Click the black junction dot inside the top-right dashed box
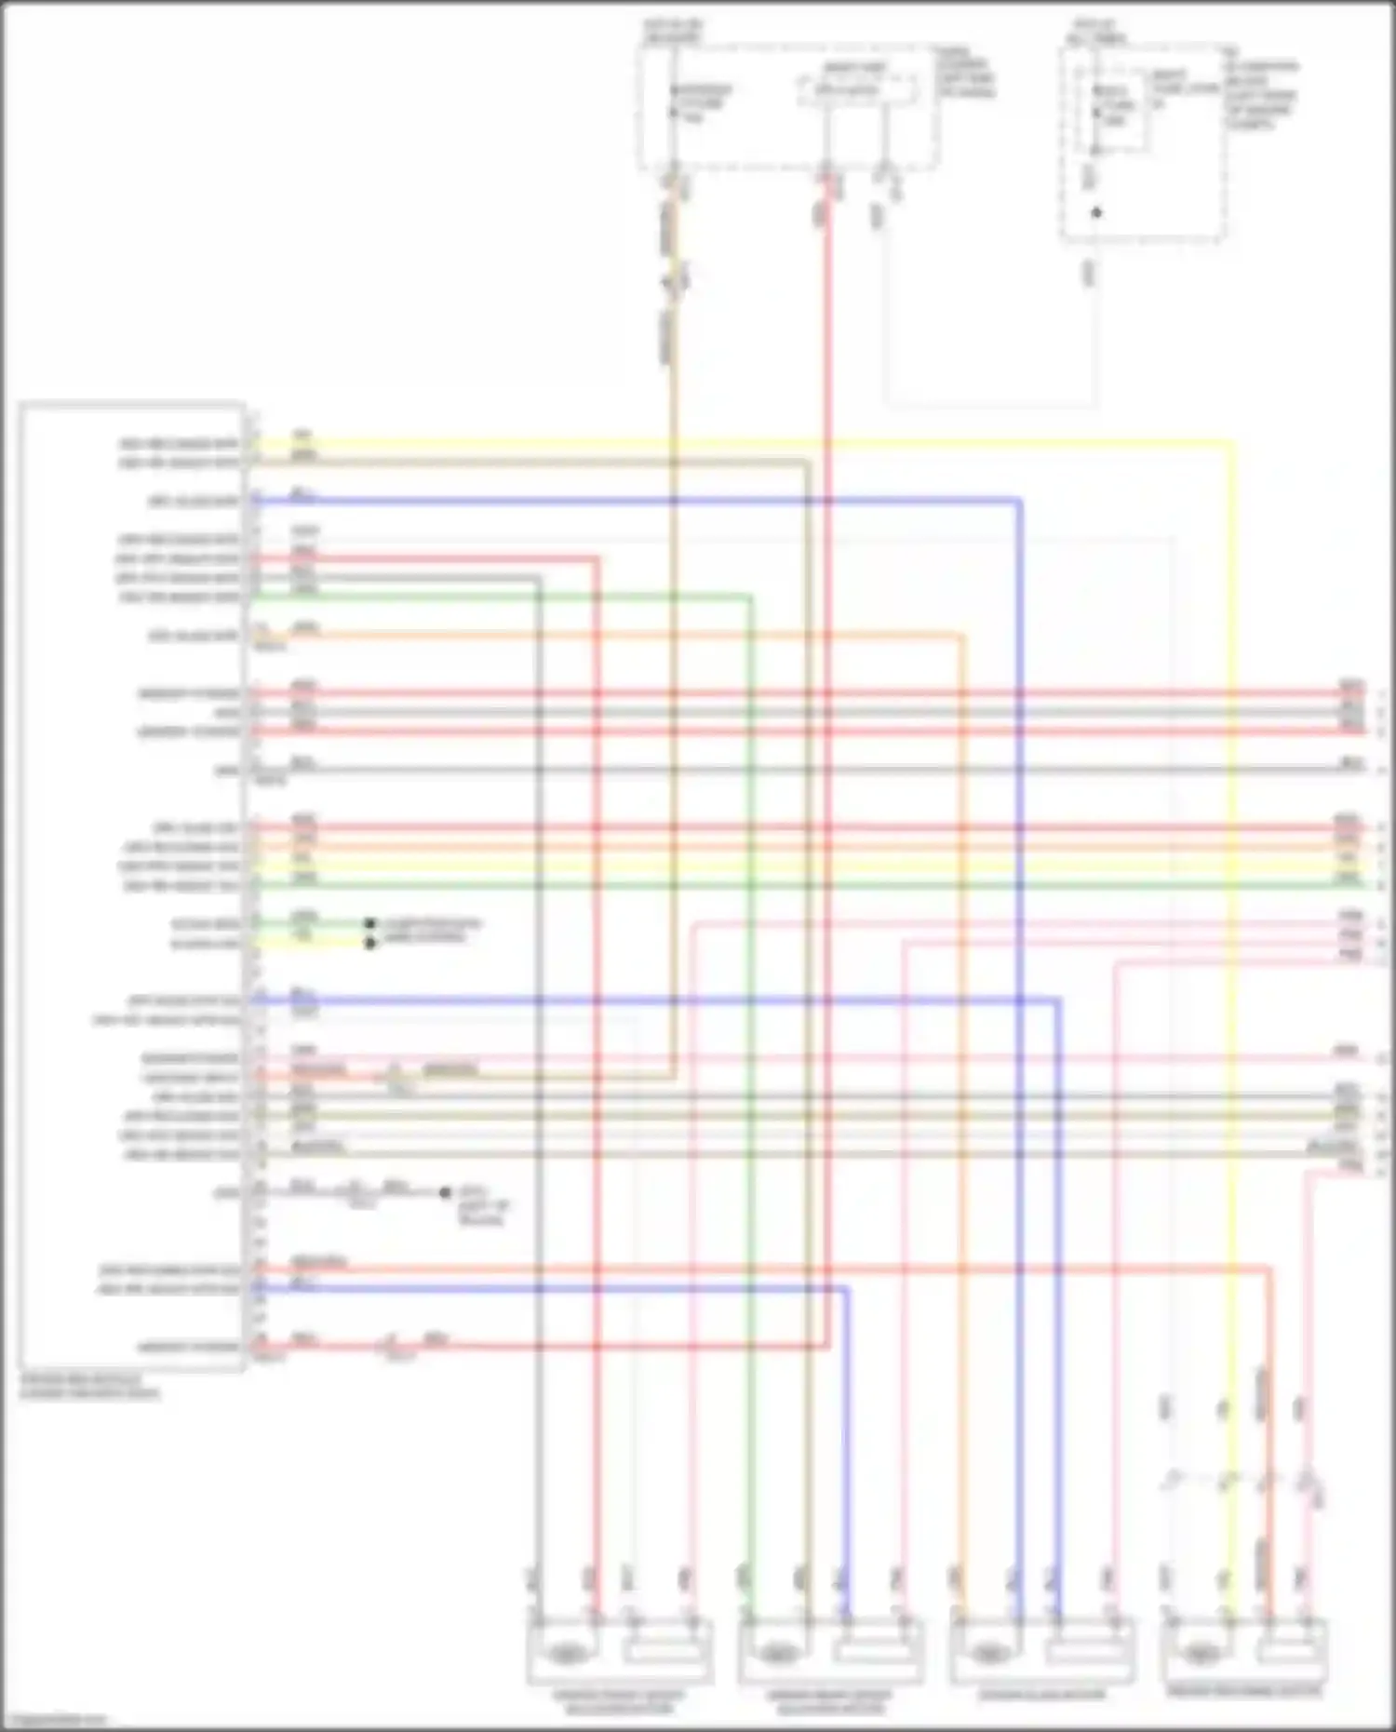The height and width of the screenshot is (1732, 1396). coord(1096,213)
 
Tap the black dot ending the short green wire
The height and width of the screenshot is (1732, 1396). coord(369,924)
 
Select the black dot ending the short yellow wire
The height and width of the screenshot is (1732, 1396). coord(369,943)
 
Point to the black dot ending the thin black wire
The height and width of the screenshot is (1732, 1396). coord(445,1192)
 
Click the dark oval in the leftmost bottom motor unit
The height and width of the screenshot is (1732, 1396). coord(563,1653)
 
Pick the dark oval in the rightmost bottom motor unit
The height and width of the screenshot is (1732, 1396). coord(1201,1653)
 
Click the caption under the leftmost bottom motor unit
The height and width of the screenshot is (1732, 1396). coord(618,1702)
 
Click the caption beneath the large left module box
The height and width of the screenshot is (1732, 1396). coord(89,1387)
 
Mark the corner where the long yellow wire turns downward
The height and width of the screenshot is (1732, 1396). coord(1232,444)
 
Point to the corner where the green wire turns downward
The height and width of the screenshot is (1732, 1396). coord(750,597)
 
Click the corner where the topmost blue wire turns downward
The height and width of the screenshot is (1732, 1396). coord(1020,502)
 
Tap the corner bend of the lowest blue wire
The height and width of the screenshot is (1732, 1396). coord(846,1289)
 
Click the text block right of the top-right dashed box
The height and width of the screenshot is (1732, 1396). coord(1260,93)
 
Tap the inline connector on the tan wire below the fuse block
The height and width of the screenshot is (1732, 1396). coord(674,278)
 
